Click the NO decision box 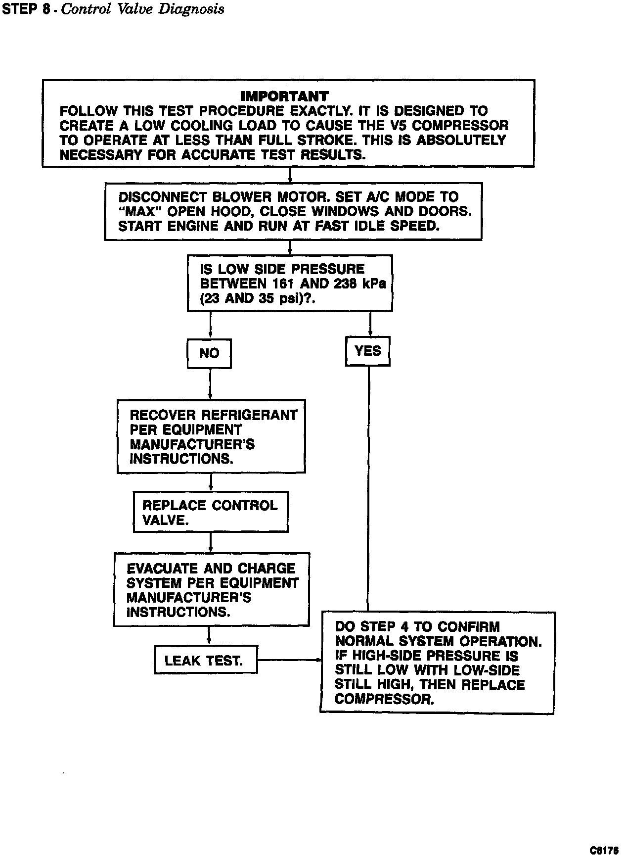209,353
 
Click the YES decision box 368,351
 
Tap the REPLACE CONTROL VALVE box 211,512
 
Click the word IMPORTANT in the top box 284,96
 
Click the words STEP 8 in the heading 25,9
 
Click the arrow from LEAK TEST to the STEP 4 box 289,660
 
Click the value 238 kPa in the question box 360,284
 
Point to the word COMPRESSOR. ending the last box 384,700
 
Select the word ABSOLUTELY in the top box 462,140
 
